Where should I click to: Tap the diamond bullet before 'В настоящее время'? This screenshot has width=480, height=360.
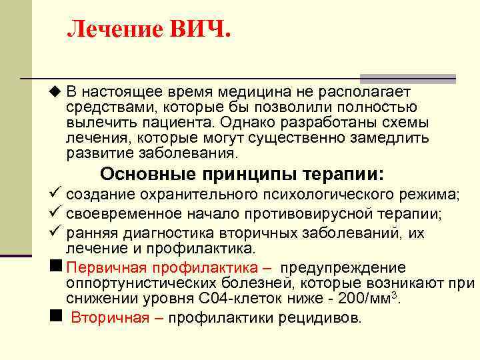[x=54, y=91]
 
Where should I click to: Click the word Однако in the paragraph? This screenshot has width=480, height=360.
[x=253, y=123]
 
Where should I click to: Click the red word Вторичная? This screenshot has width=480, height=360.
[x=109, y=317]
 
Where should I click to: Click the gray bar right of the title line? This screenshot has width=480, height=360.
[x=407, y=78]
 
